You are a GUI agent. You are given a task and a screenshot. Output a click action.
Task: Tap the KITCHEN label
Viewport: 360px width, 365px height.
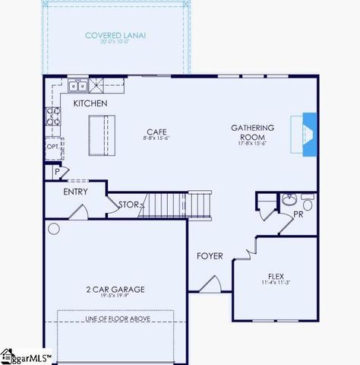90,103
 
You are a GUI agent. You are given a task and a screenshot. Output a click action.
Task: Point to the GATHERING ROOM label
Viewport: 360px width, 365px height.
253,133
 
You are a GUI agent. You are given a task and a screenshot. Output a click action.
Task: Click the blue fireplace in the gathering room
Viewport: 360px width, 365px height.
310,135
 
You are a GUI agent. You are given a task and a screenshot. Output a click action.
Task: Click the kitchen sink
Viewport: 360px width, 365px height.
78,86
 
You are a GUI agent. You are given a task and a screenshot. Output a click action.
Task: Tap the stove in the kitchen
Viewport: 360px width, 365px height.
54,116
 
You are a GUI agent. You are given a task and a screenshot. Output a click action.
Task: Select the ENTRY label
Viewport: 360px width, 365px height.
75,192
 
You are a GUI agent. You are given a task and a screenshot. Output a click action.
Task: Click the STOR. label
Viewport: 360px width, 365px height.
128,205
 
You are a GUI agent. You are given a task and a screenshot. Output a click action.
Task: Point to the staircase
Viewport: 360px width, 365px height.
175,204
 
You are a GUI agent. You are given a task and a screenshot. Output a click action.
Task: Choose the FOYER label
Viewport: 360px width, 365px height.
210,256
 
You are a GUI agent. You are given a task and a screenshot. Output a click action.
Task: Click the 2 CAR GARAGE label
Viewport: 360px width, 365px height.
116,289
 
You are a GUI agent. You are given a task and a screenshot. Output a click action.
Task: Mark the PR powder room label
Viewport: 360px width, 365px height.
298,215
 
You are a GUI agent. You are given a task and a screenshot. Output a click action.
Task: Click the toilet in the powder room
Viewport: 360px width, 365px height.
307,204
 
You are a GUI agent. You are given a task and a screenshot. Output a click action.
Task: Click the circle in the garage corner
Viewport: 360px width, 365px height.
53,227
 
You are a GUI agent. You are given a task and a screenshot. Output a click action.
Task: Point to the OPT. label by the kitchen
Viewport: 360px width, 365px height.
52,146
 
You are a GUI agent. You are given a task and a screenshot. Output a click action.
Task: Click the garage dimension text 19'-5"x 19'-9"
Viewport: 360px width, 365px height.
116,297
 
